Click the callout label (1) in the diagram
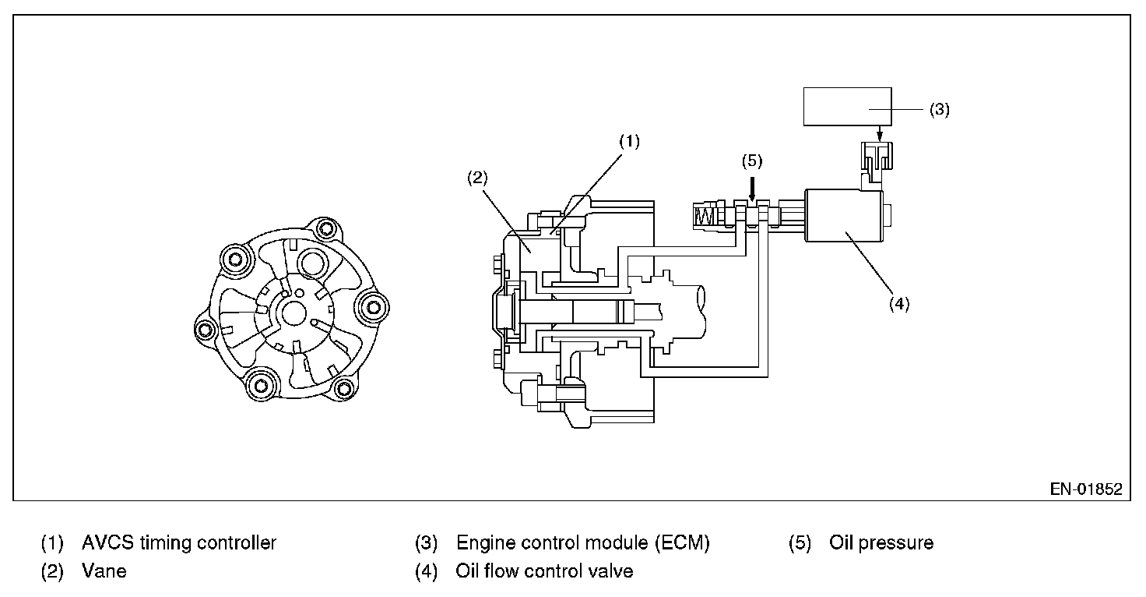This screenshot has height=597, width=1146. (629, 142)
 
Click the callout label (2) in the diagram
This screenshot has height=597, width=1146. (476, 177)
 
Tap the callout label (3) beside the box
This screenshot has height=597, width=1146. (940, 109)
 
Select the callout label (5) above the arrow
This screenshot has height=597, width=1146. (752, 161)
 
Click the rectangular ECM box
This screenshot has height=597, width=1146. (847, 106)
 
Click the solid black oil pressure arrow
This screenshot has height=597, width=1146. (752, 187)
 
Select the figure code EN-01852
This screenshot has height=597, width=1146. (1086, 490)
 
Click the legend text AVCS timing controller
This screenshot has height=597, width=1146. (178, 542)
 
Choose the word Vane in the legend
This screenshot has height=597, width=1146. (104, 571)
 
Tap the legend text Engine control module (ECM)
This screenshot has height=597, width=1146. (582, 542)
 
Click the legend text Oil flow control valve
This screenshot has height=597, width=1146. (544, 571)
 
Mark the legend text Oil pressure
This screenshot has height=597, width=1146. (881, 542)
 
